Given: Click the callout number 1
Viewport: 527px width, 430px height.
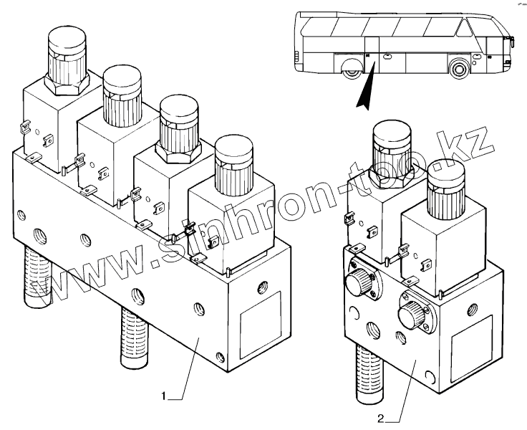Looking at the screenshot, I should click(x=164, y=395).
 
